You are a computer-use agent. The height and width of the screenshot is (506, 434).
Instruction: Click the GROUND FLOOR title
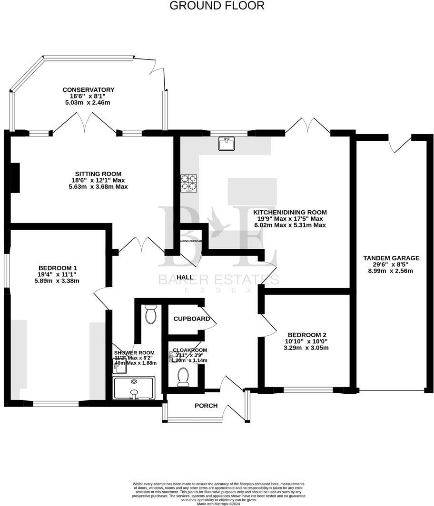217,6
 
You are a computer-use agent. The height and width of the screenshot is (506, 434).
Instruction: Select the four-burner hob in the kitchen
188,184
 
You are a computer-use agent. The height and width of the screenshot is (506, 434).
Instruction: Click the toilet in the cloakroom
183,377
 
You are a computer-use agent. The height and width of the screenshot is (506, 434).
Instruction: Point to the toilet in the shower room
151,314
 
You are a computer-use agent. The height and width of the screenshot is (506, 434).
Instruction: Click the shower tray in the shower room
134,388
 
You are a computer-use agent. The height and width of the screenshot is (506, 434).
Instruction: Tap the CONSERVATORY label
88,89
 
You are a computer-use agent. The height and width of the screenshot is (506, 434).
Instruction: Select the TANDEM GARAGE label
391,258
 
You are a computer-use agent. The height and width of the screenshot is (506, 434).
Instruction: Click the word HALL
185,277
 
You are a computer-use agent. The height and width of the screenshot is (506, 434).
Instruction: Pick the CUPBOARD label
191,319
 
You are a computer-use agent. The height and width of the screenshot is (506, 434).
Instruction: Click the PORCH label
206,406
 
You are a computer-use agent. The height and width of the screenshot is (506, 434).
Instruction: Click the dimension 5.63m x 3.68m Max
98,187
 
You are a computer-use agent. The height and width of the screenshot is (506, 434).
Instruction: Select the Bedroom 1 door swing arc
102,299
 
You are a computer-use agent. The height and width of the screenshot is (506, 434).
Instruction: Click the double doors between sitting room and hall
141,245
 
